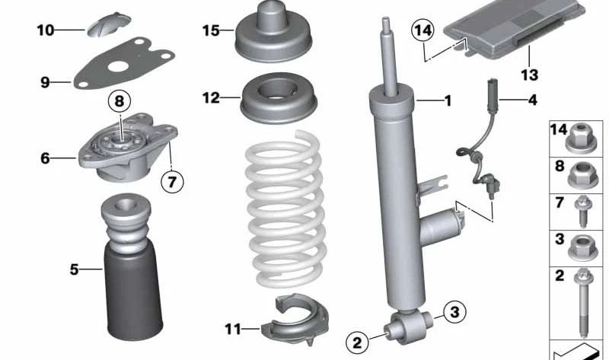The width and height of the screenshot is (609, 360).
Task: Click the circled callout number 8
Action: (x=120, y=100)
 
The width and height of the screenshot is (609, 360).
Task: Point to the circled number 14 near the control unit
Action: (x=421, y=31)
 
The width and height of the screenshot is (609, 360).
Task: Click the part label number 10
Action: (x=45, y=30)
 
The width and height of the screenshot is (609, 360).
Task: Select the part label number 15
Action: (x=211, y=30)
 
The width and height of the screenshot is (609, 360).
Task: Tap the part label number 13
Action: (x=529, y=75)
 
